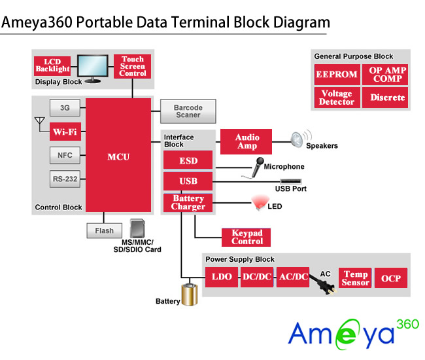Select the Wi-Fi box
click(x=65, y=132)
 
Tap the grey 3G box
click(x=65, y=107)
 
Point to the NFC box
click(x=65, y=155)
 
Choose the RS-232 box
click(x=65, y=178)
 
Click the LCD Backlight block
click(x=52, y=65)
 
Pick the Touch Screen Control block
click(x=133, y=66)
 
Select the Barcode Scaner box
click(x=188, y=111)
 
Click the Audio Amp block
click(x=247, y=141)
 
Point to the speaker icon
click(x=297, y=139)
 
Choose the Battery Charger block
click(x=188, y=203)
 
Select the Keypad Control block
click(x=247, y=237)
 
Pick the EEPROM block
click(x=337, y=75)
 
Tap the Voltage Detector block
click(x=337, y=98)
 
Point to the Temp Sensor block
click(x=356, y=278)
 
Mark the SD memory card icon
click(x=137, y=228)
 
